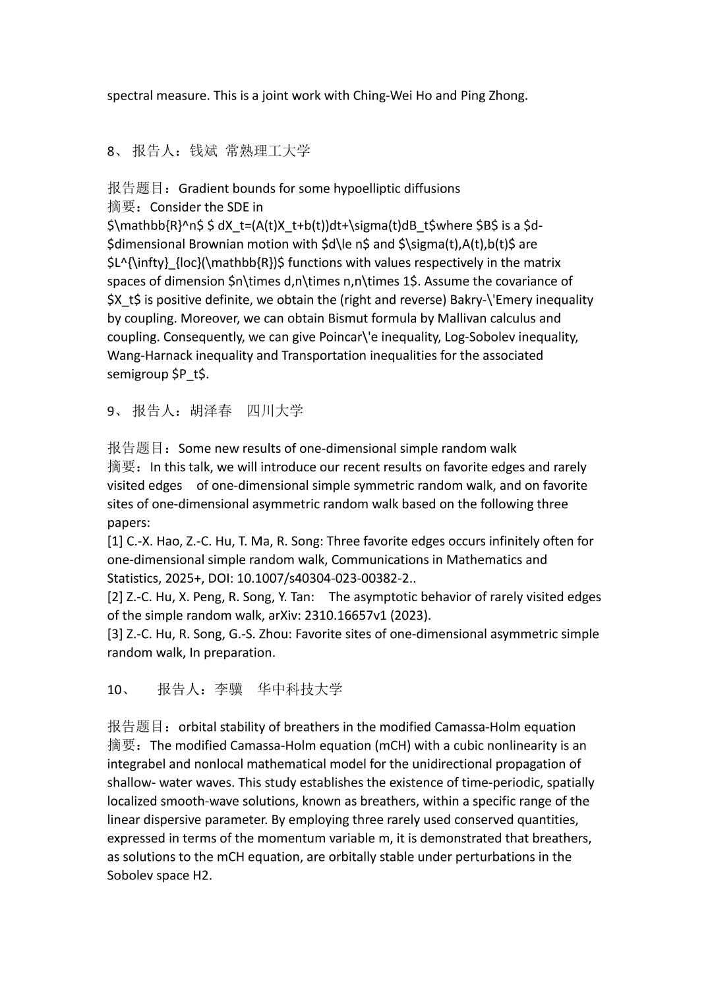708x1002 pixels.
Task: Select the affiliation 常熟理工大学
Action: click(x=268, y=151)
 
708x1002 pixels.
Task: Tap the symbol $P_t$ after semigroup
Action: click(x=190, y=374)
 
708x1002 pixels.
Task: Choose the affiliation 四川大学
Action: click(x=275, y=411)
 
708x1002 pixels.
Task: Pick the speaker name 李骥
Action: click(x=229, y=690)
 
